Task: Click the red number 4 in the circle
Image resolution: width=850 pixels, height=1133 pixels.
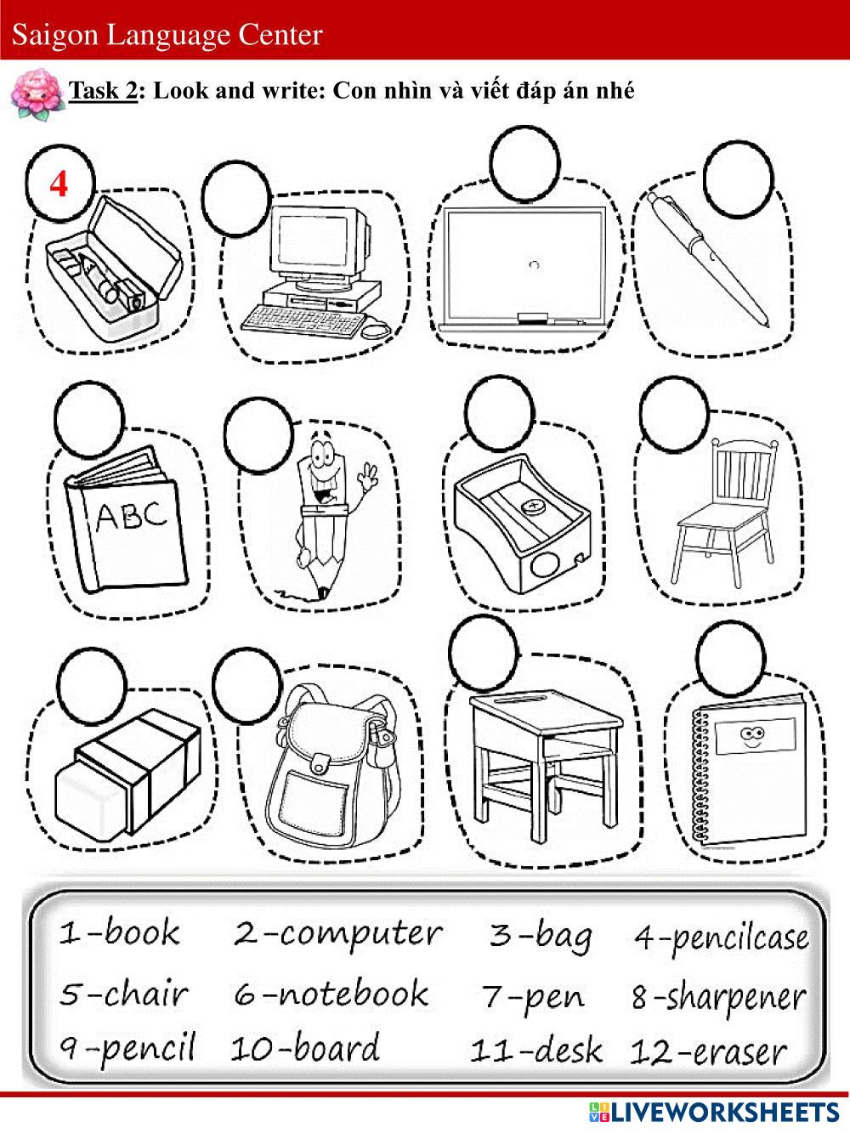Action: [59, 184]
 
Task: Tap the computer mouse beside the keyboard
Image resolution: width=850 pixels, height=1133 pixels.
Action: [376, 331]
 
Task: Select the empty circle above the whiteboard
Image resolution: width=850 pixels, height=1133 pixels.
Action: [524, 163]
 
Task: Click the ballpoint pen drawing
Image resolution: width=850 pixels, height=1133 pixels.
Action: [708, 259]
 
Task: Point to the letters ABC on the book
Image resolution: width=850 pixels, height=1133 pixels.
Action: [132, 516]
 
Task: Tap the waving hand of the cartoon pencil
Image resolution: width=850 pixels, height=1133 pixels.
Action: [369, 476]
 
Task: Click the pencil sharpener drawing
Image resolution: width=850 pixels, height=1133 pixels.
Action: [522, 523]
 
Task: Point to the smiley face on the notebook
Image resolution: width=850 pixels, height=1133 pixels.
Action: [749, 737]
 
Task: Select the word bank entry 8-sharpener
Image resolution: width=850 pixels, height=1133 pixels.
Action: [719, 997]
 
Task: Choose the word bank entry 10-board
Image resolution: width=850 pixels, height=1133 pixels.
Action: [305, 1049]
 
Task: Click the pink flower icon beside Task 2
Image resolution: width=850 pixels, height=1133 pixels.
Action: [37, 94]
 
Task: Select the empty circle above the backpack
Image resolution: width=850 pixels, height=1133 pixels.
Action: [247, 685]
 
